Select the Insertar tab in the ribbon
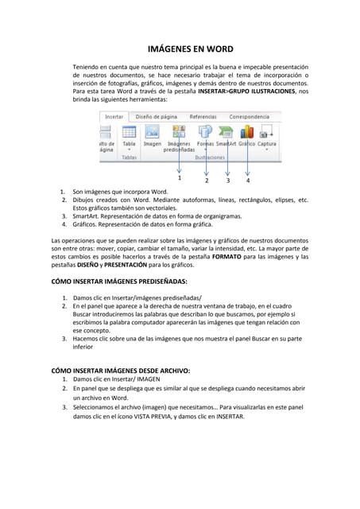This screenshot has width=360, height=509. click(114, 116)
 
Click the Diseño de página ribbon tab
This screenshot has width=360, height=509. click(156, 116)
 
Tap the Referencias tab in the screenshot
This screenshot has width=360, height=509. click(203, 116)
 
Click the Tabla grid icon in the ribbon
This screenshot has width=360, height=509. click(129, 132)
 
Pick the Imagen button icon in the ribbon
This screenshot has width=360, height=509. click(152, 132)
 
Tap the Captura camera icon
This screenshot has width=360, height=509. click(268, 131)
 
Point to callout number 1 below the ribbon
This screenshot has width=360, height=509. click(180, 178)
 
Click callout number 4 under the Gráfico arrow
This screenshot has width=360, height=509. click(248, 180)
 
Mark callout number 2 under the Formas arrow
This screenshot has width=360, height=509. click(207, 180)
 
